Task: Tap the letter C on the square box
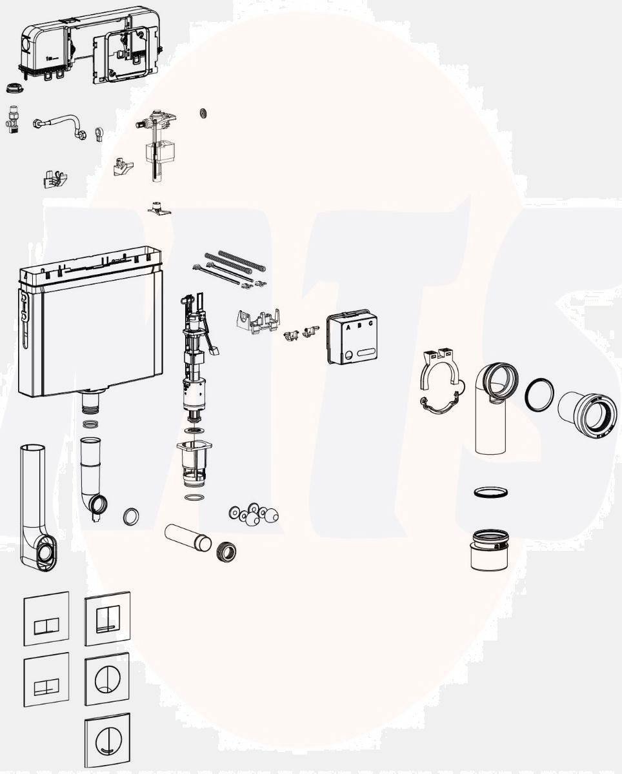(x=370, y=324)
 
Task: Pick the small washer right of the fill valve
(x=203, y=112)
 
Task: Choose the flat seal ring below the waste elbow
(x=490, y=492)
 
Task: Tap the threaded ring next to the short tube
(x=225, y=550)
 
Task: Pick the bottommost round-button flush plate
(x=107, y=739)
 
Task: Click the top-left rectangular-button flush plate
(x=46, y=618)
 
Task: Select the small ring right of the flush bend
(x=131, y=516)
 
